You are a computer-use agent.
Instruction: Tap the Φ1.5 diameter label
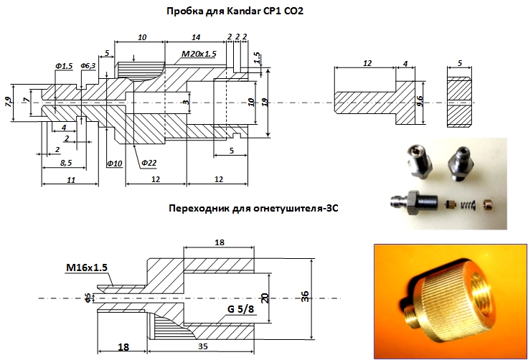coord(63,66)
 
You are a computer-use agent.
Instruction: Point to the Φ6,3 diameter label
coord(88,66)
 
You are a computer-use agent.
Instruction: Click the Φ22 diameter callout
coord(149,164)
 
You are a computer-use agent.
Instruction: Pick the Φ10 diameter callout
coord(114,164)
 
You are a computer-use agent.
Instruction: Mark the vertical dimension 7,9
coord(9,101)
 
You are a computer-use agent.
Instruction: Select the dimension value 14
coord(196,37)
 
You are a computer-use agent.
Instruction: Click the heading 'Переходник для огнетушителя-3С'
coord(253,209)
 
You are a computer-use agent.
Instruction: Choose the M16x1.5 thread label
coord(86,267)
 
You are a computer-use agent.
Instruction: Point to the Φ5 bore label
coord(88,296)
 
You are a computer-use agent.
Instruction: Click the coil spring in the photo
coord(465,206)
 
